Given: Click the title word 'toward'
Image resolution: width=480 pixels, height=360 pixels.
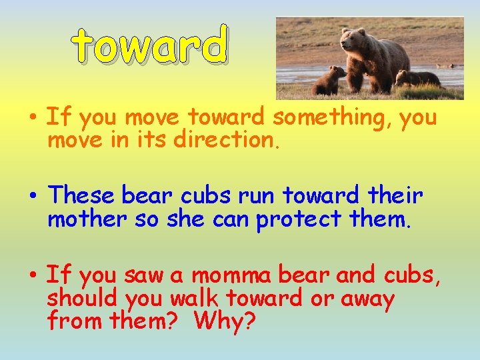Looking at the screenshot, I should click(x=150, y=46).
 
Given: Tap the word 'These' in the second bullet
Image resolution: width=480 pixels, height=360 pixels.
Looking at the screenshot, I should click(x=82, y=195).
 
